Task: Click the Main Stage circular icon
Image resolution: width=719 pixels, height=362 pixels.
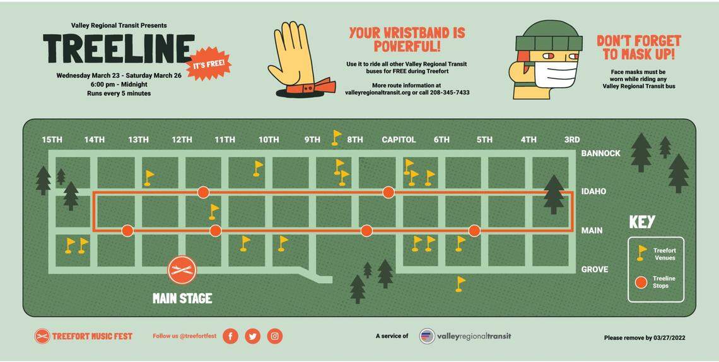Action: [x=182, y=270]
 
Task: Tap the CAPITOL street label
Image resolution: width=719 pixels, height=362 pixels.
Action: [x=399, y=140]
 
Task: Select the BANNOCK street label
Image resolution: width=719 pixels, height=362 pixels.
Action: [x=600, y=153]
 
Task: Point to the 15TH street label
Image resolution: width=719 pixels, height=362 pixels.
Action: [x=52, y=140]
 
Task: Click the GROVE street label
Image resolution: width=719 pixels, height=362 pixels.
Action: [x=594, y=269]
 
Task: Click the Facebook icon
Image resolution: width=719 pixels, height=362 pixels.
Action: [x=230, y=336]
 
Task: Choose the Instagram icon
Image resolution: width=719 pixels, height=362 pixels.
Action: [x=274, y=336]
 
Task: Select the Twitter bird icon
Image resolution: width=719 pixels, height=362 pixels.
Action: [x=252, y=336]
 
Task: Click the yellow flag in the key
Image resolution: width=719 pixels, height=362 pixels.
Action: [x=641, y=253]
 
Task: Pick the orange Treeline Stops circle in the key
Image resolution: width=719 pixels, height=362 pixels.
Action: [x=641, y=282]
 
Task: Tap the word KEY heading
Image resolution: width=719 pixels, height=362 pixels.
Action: [x=642, y=222]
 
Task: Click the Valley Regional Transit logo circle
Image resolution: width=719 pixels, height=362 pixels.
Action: [x=427, y=336]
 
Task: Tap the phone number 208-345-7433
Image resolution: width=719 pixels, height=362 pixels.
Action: [x=447, y=92]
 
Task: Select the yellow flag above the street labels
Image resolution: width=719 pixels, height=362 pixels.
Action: [x=337, y=136]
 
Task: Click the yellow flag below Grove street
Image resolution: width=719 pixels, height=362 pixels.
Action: [x=460, y=283]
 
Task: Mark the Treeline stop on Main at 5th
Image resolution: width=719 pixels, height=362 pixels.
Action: [x=474, y=231]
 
